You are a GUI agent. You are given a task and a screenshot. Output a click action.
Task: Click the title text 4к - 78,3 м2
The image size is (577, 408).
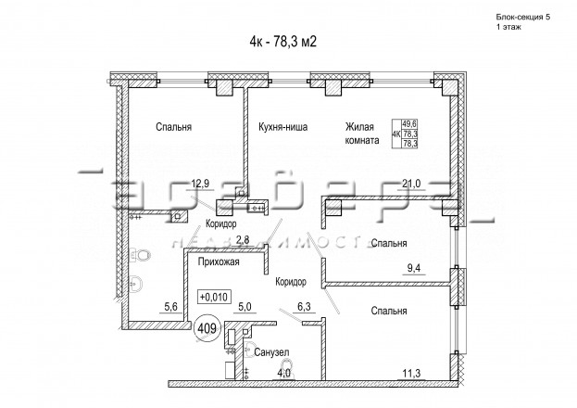[288, 40]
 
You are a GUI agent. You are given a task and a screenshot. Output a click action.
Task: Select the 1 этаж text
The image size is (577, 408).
[509, 30]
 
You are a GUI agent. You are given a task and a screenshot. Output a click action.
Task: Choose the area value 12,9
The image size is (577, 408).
[199, 184]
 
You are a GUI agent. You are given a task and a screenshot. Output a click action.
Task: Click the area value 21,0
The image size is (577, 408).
[411, 184]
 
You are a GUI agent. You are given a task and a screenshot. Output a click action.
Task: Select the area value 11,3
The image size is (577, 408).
[410, 374]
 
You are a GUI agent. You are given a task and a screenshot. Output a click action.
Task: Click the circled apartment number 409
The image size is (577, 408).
[207, 326]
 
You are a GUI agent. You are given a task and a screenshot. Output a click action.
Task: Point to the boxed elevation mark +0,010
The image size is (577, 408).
[214, 298]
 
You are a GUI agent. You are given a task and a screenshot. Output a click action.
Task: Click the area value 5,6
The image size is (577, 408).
[170, 306]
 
